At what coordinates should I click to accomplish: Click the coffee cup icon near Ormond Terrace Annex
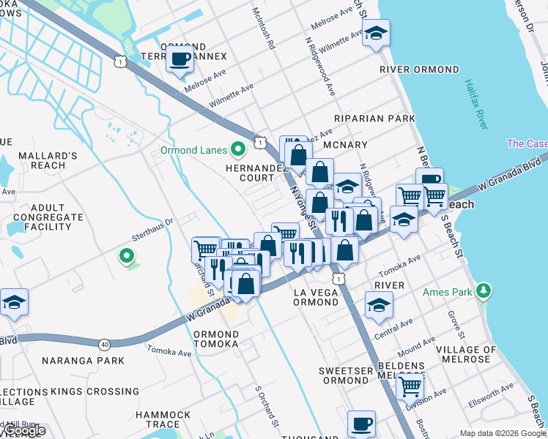[x=179, y=59]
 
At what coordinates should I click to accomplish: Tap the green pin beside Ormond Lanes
[x=237, y=151]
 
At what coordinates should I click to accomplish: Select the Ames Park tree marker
[x=483, y=291]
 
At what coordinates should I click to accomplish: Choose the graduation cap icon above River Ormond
[x=376, y=33]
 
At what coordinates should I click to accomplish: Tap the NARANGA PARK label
[x=83, y=361]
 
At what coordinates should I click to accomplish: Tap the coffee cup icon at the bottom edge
[x=360, y=424]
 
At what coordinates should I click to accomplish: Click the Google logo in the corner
[x=23, y=431]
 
